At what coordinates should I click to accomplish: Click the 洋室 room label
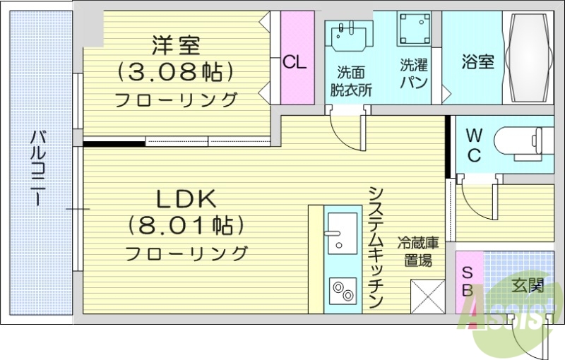click(177, 46)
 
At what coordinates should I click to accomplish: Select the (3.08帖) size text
click(177, 71)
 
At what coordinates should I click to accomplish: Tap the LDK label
click(186, 200)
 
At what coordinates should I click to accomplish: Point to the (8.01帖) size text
click(186, 225)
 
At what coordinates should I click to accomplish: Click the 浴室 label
click(478, 61)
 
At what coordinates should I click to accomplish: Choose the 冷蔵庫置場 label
click(417, 251)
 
